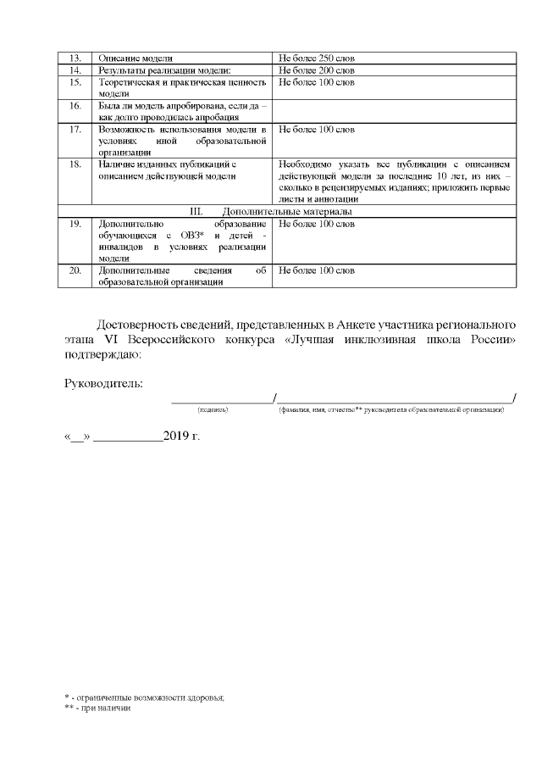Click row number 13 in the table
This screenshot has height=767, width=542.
[x=75, y=58]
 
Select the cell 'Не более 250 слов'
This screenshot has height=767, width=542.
[x=316, y=58]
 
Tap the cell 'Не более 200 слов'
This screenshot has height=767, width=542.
[x=316, y=69]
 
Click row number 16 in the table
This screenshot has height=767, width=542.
[x=75, y=106]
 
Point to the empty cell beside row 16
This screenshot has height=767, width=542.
[x=394, y=111]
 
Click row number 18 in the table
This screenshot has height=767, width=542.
[x=75, y=164]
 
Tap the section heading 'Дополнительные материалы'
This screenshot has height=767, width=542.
[x=287, y=211]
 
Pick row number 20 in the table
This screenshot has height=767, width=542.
[x=75, y=270]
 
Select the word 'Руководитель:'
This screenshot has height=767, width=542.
[x=103, y=383]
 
